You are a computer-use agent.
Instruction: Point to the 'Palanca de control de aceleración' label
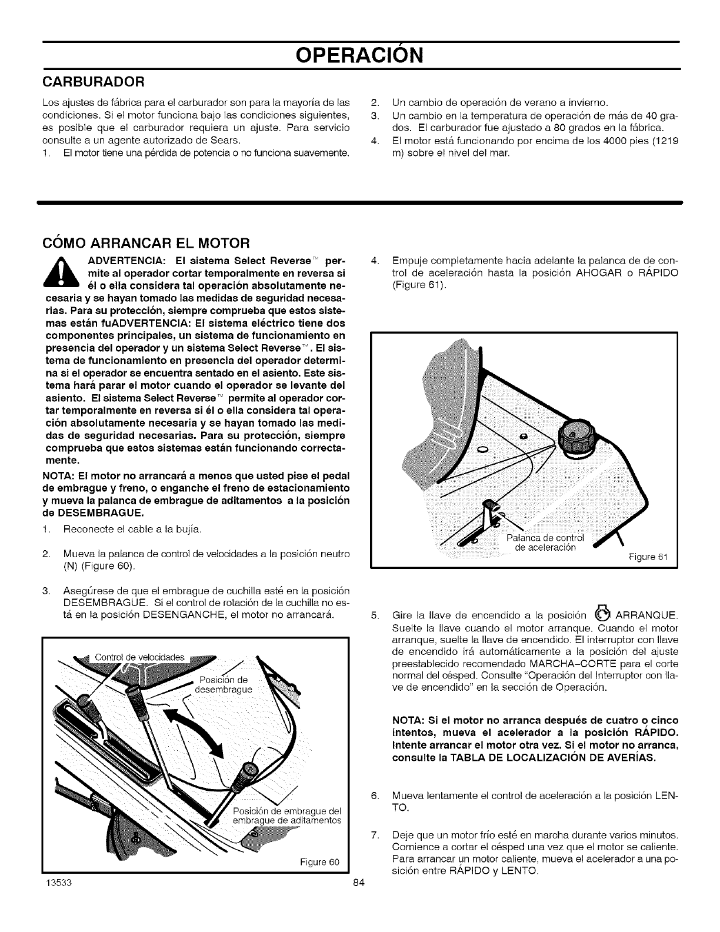coord(545,542)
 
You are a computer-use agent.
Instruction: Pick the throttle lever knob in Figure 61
coord(488,507)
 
